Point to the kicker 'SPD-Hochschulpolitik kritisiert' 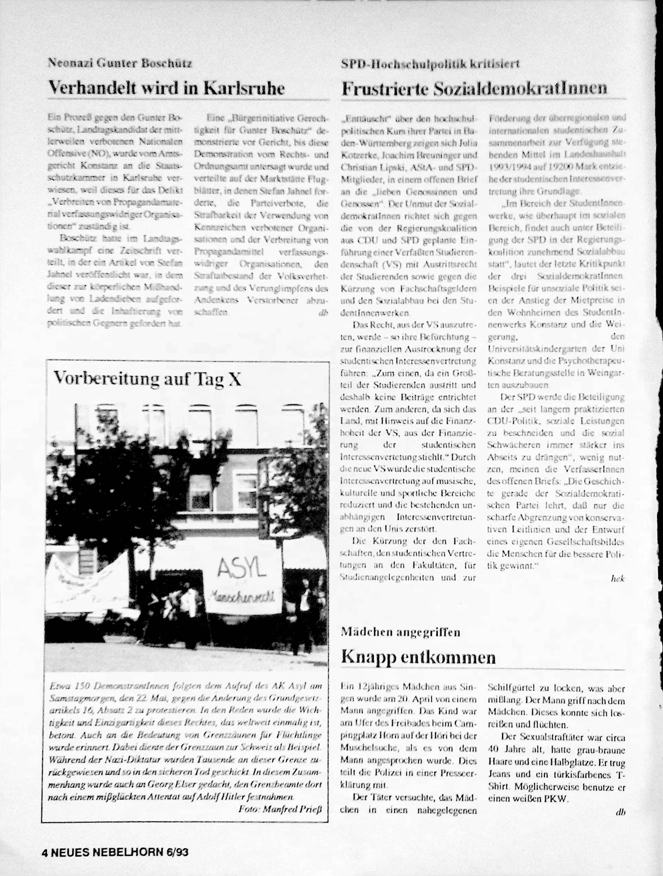tap(430, 64)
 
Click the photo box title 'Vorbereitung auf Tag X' tap(147, 379)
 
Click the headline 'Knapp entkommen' tap(418, 657)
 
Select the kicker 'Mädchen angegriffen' tap(400, 632)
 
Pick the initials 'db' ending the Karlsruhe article tap(323, 313)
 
